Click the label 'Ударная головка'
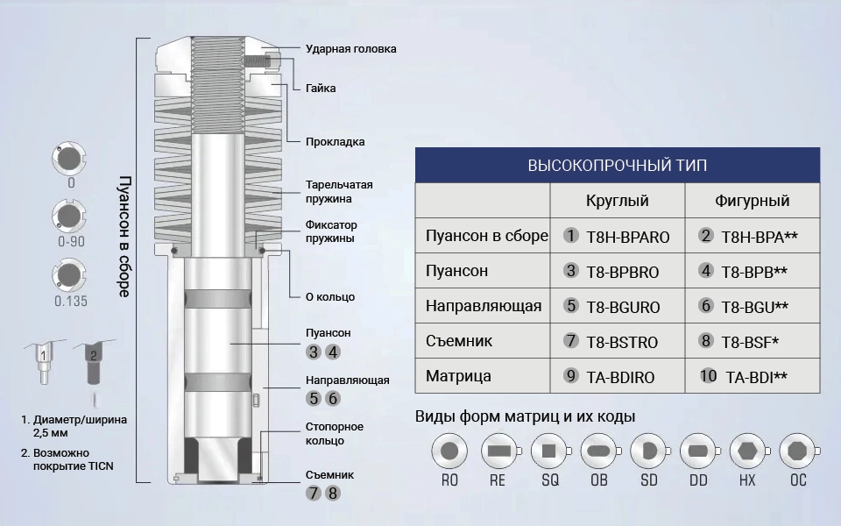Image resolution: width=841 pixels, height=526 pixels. click(350, 49)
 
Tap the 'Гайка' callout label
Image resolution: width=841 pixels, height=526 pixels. click(321, 88)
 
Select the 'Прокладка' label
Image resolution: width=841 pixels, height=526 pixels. click(336, 142)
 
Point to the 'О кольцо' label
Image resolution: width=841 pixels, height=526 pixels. click(330, 297)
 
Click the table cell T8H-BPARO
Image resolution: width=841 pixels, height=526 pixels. click(618, 235)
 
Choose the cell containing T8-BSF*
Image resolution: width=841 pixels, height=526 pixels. click(753, 341)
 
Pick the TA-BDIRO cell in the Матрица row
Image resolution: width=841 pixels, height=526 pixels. click(618, 376)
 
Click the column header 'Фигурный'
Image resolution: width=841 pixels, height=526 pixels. click(752, 201)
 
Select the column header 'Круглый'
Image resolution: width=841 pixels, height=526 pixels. click(618, 201)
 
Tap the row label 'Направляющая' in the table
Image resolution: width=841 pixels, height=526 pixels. click(484, 306)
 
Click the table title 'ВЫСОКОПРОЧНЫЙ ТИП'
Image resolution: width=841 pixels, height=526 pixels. click(618, 166)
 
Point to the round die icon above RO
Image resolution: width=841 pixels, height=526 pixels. click(449, 451)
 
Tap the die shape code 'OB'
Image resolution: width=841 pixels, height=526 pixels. click(599, 480)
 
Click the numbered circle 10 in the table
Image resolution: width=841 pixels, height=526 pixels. click(708, 376)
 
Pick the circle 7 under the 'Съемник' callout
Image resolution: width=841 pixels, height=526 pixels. click(314, 494)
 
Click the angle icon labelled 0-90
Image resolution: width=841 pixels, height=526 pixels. click(69, 216)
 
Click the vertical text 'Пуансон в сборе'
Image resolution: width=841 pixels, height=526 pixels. click(124, 236)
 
